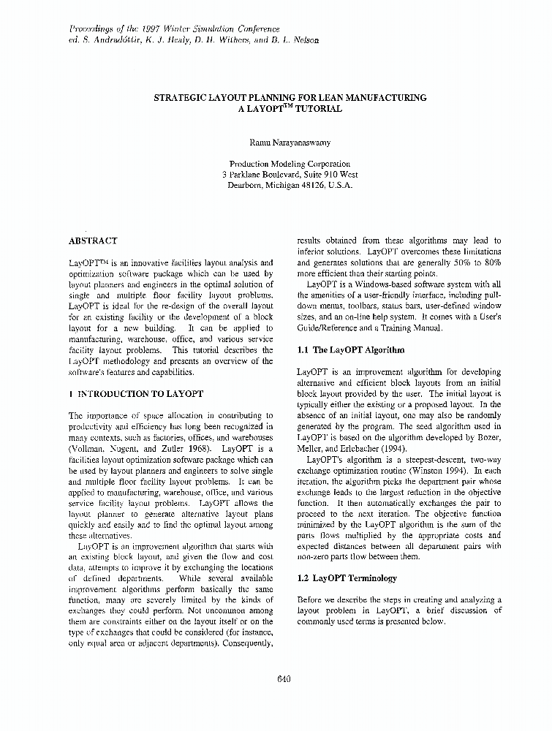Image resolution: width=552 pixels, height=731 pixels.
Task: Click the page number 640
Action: point(284,678)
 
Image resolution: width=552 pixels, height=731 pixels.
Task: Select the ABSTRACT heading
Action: point(93,240)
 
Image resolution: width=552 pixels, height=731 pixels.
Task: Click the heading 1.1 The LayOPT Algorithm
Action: point(350,350)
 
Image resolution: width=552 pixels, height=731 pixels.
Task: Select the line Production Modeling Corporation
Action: point(290,164)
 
